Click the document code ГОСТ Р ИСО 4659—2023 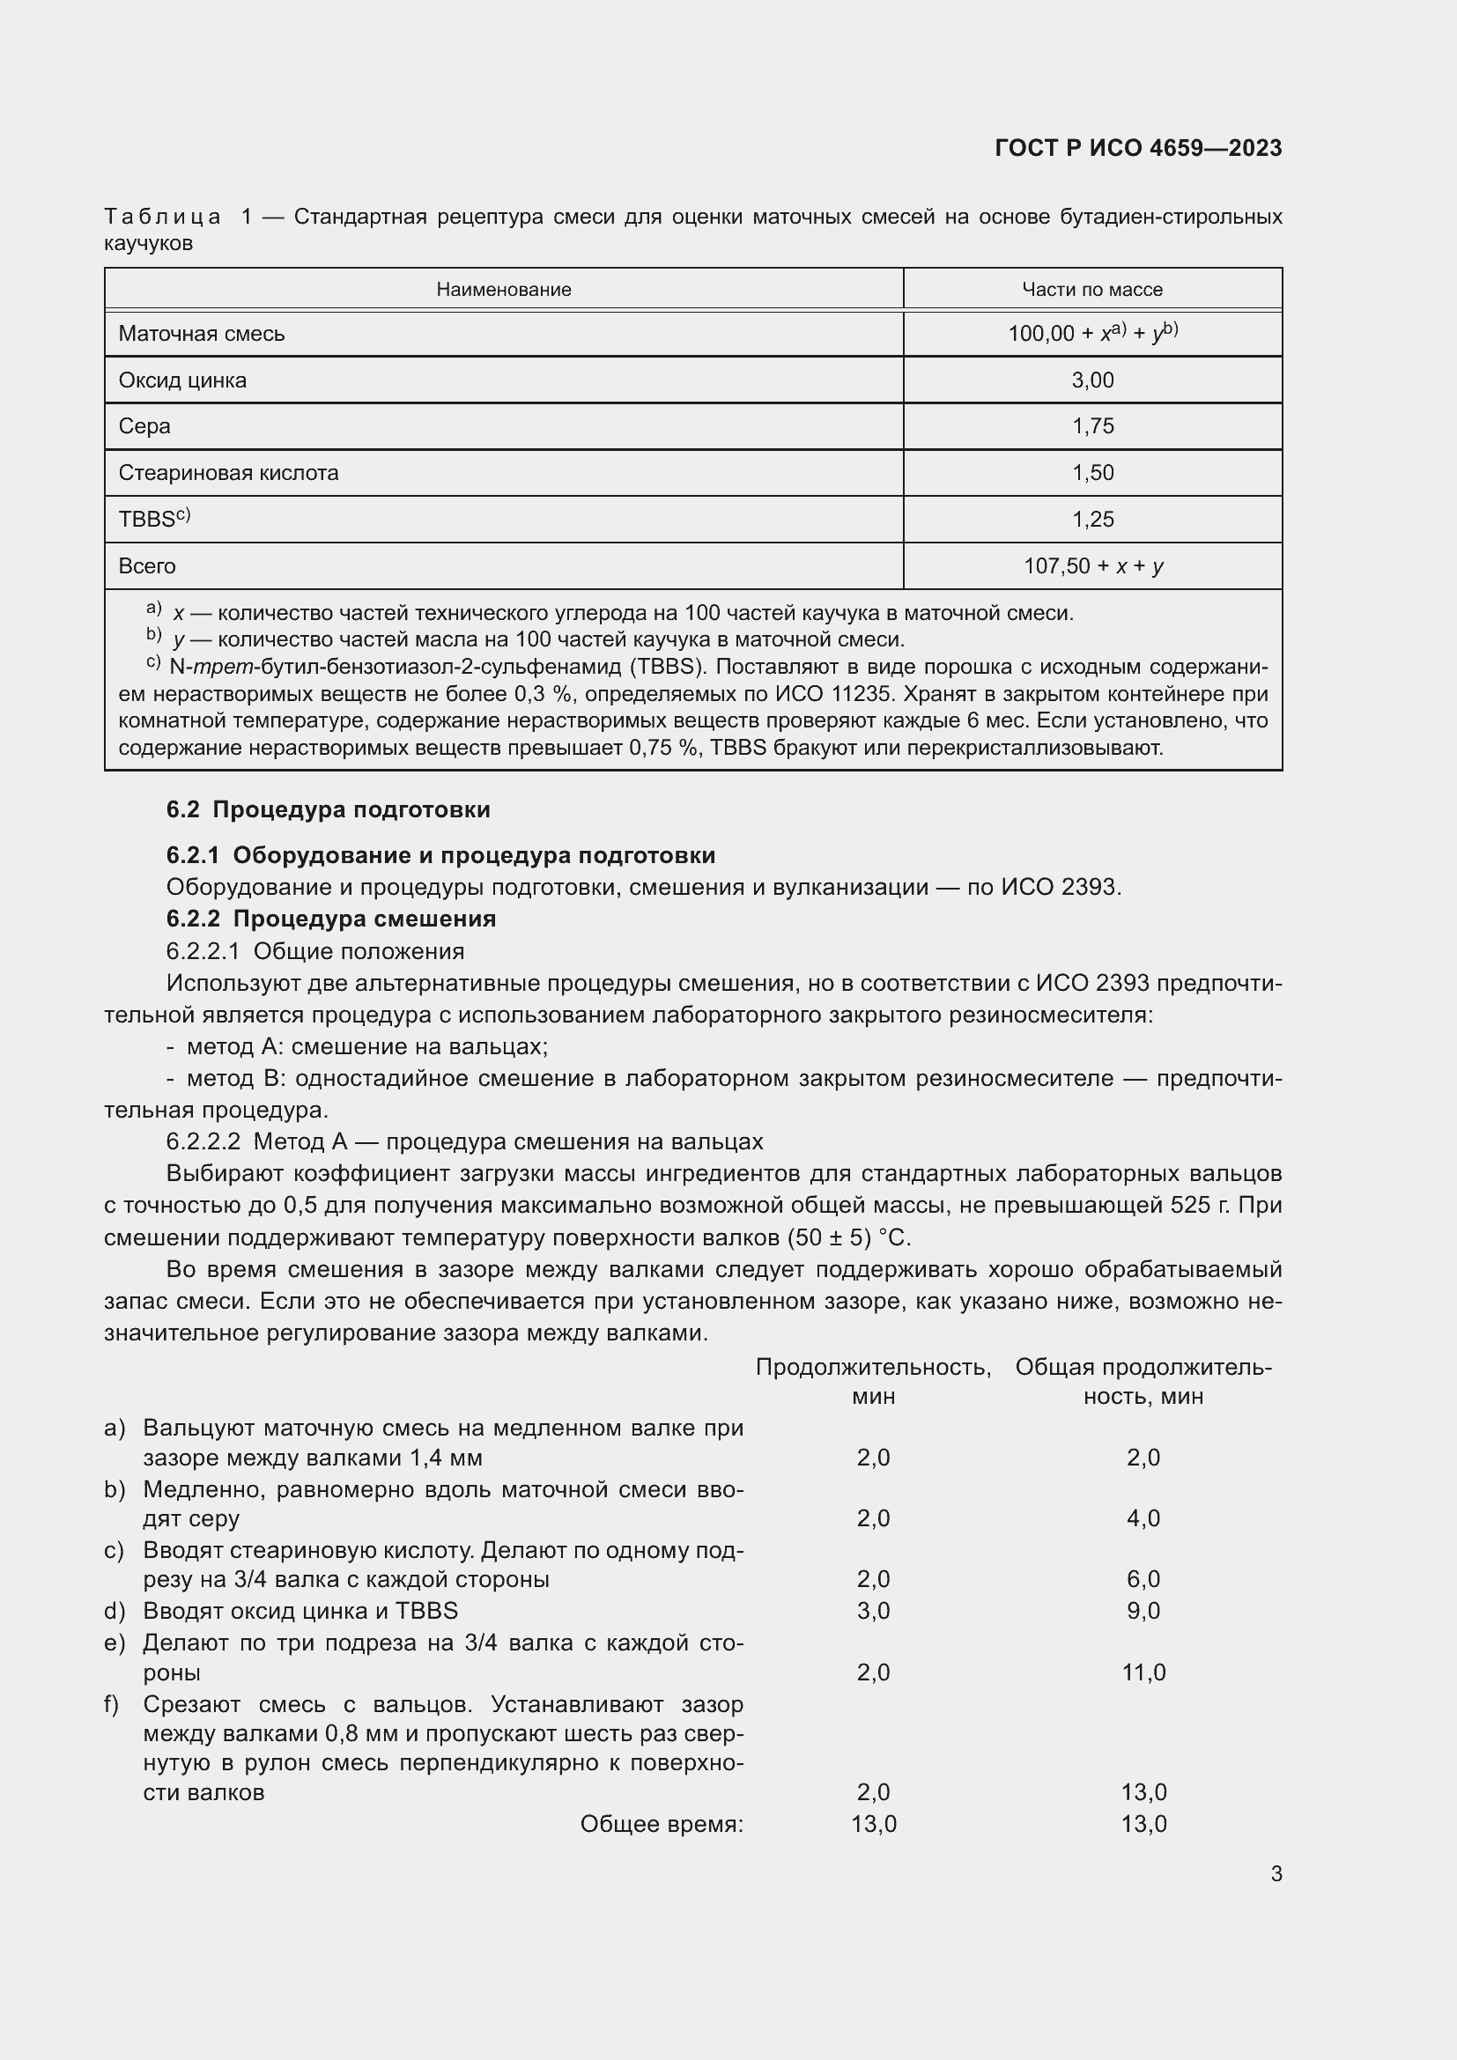[1137, 148]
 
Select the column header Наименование [503, 290]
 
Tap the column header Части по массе [1091, 290]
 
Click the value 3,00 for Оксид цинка [1091, 380]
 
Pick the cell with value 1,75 [1091, 426]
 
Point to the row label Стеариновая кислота [228, 473]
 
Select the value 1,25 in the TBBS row [1091, 520]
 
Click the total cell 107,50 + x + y [1092, 566]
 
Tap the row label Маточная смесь [201, 334]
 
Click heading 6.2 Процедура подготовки [329, 809]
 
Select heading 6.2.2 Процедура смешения [331, 919]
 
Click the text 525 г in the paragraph [1200, 1205]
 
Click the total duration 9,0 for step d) [1143, 1611]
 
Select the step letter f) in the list [112, 1704]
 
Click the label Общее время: [662, 1824]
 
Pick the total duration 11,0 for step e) [1143, 1672]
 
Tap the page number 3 [1276, 1873]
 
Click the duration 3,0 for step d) [873, 1611]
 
